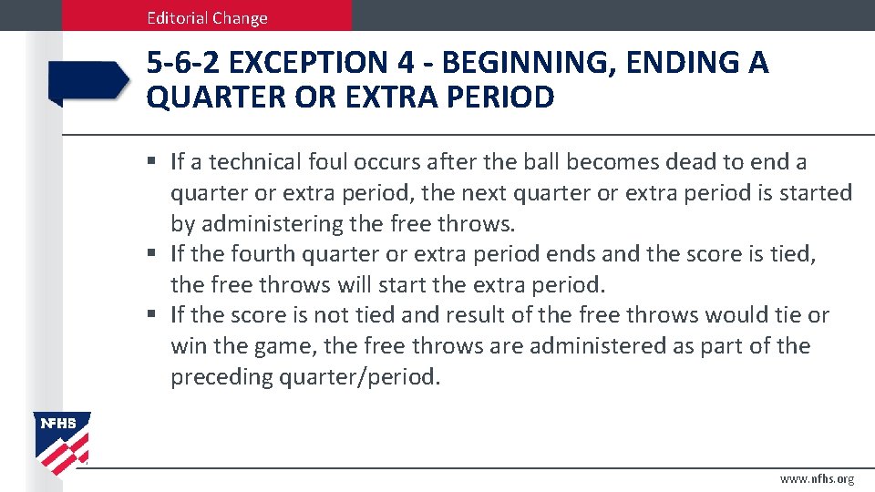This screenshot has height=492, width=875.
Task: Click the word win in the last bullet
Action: (189, 346)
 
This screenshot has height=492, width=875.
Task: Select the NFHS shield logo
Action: (62, 444)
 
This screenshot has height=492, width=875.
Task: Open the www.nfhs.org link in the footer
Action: (817, 479)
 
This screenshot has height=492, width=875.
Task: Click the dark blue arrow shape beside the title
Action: (88, 81)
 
